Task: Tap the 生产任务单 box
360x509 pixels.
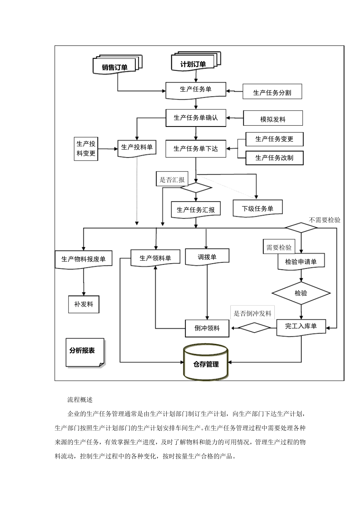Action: click(x=196, y=90)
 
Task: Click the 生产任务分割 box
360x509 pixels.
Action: click(x=272, y=92)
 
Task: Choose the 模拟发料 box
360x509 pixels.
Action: click(x=273, y=119)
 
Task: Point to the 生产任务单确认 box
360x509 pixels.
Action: click(x=196, y=118)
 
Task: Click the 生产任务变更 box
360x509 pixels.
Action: click(x=274, y=139)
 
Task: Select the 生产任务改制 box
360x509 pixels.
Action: click(x=274, y=158)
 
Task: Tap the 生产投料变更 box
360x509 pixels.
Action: click(x=86, y=149)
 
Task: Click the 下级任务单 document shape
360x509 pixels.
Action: click(x=258, y=208)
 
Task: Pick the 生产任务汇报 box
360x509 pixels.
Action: click(x=196, y=209)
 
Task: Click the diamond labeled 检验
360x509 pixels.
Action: click(x=301, y=293)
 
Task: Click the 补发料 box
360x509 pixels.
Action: click(x=84, y=304)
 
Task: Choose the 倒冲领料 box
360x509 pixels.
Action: click(x=207, y=328)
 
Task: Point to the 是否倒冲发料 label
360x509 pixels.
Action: click(x=252, y=313)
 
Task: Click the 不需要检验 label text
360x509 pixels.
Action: click(x=324, y=220)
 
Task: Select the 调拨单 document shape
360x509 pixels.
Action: click(x=207, y=257)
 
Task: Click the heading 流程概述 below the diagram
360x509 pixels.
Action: click(x=80, y=400)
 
